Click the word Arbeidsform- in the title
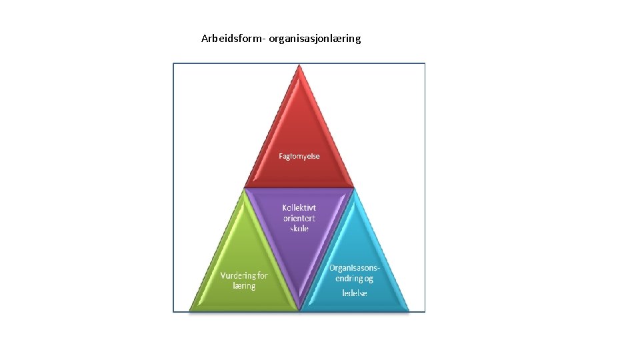[x=233, y=39]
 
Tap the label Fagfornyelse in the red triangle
[x=299, y=156]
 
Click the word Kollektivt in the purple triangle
[x=299, y=207]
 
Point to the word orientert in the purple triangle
[x=299, y=218]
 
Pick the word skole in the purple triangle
[x=299, y=229]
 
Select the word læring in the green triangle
[x=244, y=285]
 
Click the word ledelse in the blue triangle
[x=355, y=293]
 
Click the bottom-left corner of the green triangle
[x=191, y=310]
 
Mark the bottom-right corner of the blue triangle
[x=408, y=310]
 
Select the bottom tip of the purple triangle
[x=299, y=309]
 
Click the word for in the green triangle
[x=262, y=275]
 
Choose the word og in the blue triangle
[x=369, y=279]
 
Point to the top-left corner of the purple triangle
[x=246, y=189]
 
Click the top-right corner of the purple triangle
[x=353, y=189]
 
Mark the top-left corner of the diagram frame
[x=173, y=63]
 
